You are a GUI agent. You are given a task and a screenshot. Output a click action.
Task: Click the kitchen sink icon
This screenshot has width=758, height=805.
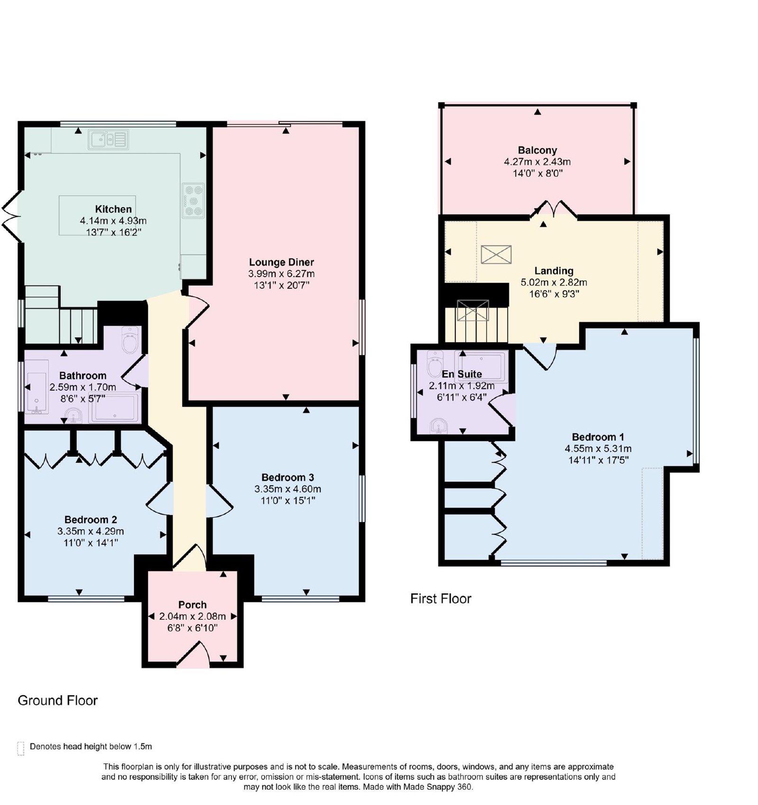pyautogui.click(x=108, y=140)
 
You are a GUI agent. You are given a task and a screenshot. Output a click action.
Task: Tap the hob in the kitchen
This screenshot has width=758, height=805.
pyautogui.click(x=193, y=200)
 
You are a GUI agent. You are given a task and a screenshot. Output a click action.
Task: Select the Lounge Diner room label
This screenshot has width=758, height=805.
pyautogui.click(x=281, y=262)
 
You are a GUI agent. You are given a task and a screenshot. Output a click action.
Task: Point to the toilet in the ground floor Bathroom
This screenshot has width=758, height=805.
pyautogui.click(x=129, y=340)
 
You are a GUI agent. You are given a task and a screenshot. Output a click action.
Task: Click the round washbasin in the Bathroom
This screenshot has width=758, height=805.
pyautogui.click(x=73, y=415)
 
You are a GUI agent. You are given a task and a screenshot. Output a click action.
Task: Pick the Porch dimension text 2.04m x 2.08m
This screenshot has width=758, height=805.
pyautogui.click(x=192, y=617)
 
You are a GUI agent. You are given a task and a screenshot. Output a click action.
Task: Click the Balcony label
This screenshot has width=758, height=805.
pyautogui.click(x=537, y=151)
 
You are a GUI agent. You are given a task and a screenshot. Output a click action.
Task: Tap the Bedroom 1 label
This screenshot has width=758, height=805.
pyautogui.click(x=598, y=437)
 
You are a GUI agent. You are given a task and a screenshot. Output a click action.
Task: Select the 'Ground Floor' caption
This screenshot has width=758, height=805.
pyautogui.click(x=58, y=700)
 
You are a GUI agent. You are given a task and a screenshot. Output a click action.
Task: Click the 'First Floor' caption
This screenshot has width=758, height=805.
pyautogui.click(x=441, y=599)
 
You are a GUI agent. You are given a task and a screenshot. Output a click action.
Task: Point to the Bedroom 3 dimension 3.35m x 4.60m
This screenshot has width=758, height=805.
pyautogui.click(x=288, y=489)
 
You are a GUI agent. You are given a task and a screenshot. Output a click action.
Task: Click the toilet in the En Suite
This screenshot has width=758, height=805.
pyautogui.click(x=434, y=363)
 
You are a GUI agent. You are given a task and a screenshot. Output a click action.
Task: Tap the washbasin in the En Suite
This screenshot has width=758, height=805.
pyautogui.click(x=439, y=426)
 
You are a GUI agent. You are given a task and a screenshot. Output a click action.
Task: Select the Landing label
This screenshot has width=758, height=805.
pyautogui.click(x=554, y=271)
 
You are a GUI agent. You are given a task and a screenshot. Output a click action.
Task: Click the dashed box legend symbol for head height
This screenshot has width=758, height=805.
pyautogui.click(x=20, y=748)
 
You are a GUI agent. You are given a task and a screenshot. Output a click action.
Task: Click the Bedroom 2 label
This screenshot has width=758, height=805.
pyautogui.click(x=90, y=519)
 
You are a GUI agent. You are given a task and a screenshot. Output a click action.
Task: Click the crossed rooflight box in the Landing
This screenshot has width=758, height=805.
pyautogui.click(x=496, y=254)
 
